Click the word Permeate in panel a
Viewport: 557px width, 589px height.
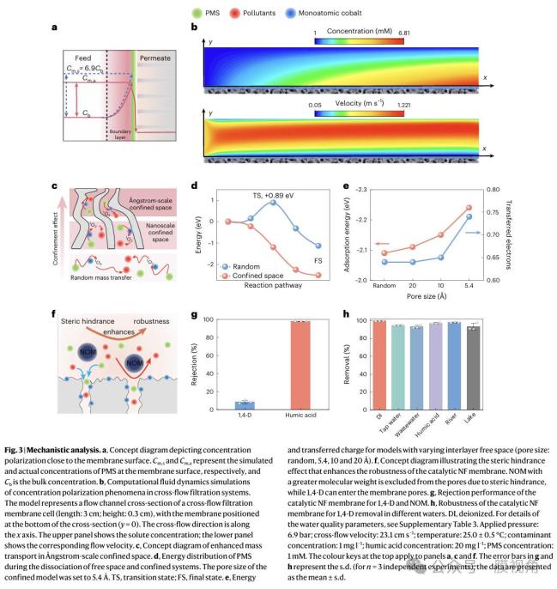[154, 57]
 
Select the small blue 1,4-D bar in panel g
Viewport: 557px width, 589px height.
[244, 403]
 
